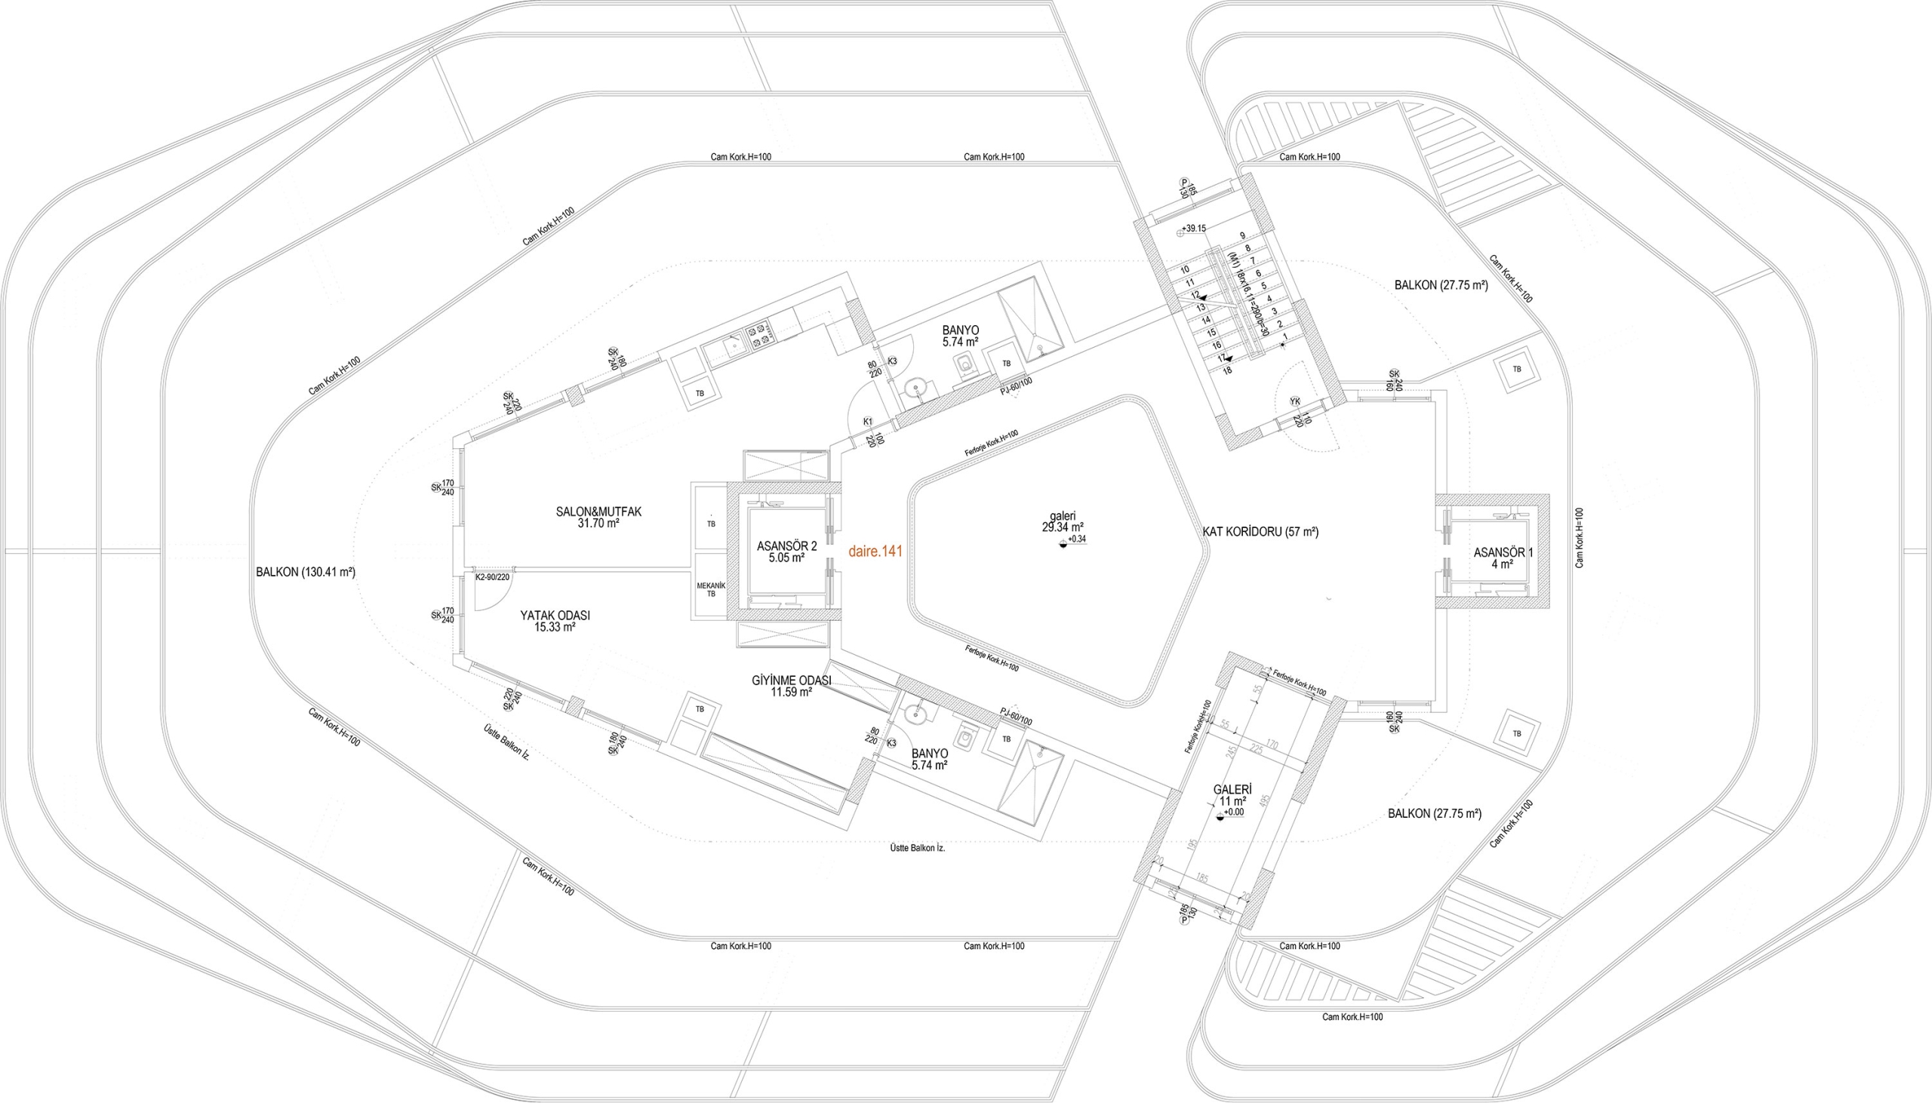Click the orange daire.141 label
click(x=875, y=551)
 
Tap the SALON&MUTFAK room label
click(x=598, y=517)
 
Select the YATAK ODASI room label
click(x=555, y=621)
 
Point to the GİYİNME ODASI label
click(x=791, y=686)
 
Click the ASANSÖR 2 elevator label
click(x=786, y=551)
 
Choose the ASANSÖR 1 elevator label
click(x=1503, y=558)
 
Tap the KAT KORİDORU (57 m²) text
click(x=1260, y=532)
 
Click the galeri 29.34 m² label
click(x=1062, y=521)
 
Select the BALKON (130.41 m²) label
click(x=306, y=572)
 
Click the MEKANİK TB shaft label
click(x=711, y=589)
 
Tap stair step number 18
click(x=1227, y=370)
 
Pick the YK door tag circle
click(x=1295, y=401)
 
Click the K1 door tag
click(x=867, y=421)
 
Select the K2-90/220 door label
click(x=493, y=577)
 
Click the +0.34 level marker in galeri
click(x=1076, y=539)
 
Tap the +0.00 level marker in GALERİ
click(x=1233, y=812)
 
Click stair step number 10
click(x=1185, y=269)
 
